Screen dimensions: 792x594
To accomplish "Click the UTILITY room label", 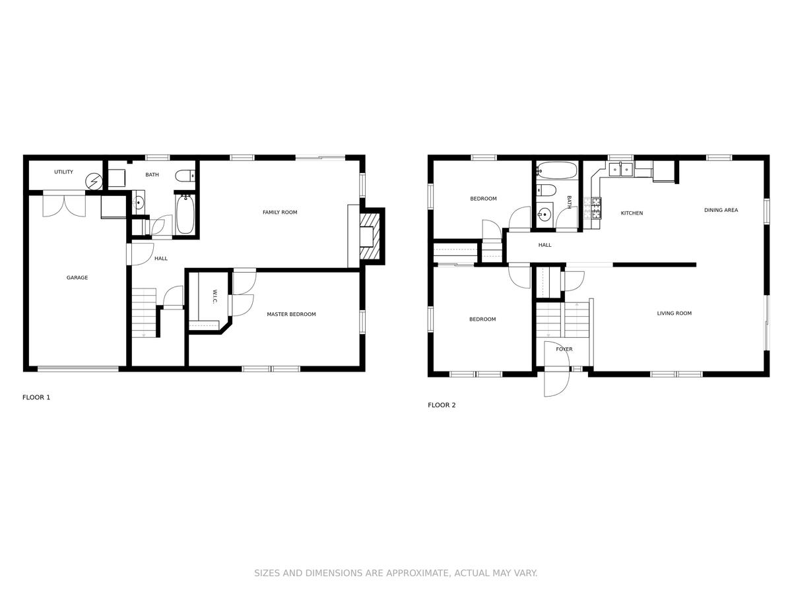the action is (x=63, y=172).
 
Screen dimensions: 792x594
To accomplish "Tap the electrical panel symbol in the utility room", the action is (x=94, y=181).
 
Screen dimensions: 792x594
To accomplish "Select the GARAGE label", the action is (x=77, y=277).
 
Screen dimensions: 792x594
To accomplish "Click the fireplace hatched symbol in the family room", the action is (x=370, y=236).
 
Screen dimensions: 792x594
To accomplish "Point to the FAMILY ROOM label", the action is (x=280, y=213).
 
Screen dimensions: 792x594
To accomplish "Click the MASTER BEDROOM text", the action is (x=291, y=314).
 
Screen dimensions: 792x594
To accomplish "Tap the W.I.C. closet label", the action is (x=214, y=296).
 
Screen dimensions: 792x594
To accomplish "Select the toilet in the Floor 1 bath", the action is (x=185, y=176).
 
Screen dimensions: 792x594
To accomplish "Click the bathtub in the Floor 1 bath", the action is (x=185, y=214).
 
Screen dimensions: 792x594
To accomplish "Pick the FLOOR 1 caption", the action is (x=36, y=397).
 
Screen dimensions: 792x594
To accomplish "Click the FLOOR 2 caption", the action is (x=442, y=405).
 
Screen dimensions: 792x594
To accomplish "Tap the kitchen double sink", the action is (x=620, y=169).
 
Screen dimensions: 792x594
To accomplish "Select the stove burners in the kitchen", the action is (x=597, y=209).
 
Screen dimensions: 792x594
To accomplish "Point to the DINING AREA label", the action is (x=721, y=210).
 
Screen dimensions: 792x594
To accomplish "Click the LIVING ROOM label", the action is (x=675, y=313).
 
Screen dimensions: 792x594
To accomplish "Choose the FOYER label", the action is (x=564, y=349).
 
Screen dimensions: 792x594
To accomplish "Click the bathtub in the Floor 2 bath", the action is (x=557, y=170).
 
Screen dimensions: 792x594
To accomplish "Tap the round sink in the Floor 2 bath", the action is (x=544, y=215).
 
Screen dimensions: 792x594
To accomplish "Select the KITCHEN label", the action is (x=632, y=213).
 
